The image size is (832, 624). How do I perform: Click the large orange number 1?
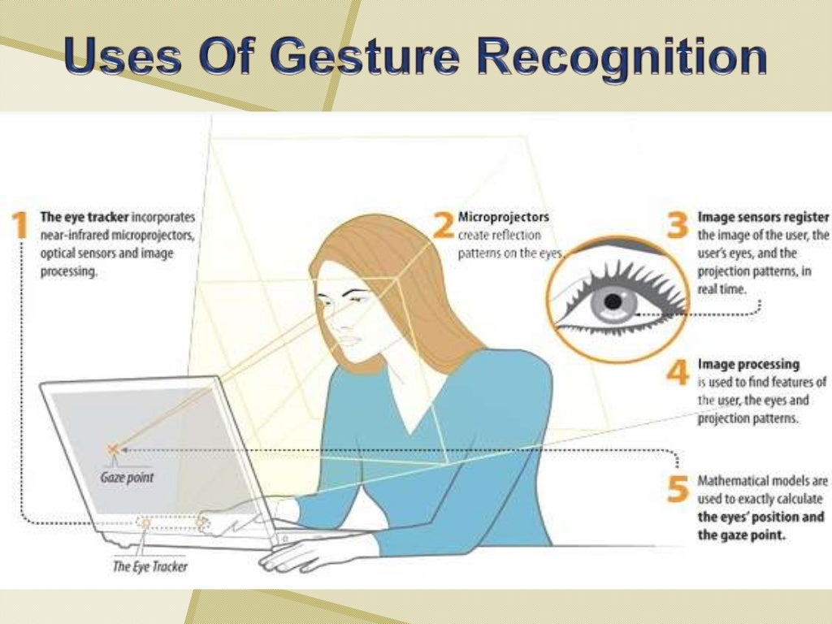click(20, 225)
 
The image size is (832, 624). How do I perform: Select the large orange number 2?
click(443, 225)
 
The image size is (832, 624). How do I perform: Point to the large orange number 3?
click(677, 225)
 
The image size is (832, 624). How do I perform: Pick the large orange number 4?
click(678, 372)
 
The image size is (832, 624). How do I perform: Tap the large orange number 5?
click(678, 488)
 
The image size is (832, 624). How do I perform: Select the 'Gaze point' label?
click(127, 478)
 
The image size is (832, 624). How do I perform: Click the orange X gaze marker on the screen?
click(112, 448)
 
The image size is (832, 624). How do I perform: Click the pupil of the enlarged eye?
click(614, 302)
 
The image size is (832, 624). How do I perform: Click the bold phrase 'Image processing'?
click(748, 365)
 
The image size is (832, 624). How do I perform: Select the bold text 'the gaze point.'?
click(741, 535)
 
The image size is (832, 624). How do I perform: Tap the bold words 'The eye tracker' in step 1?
click(84, 217)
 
